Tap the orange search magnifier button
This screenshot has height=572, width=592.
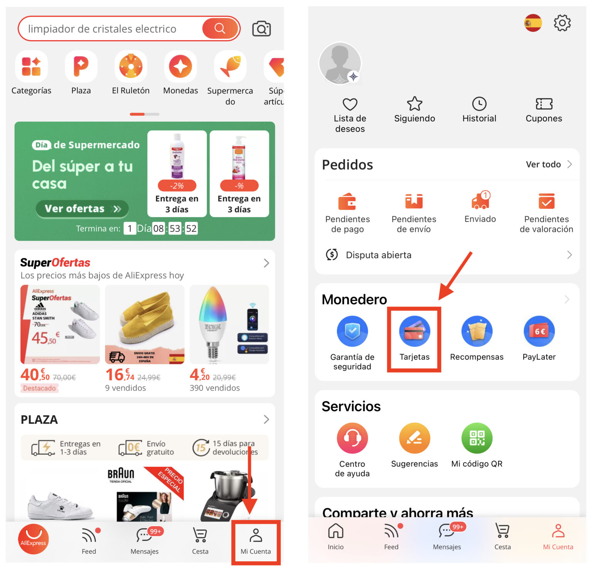click(220, 28)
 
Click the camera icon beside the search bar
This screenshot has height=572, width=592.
click(261, 29)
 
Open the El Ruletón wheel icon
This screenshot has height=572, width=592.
click(131, 66)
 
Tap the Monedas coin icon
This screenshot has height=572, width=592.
click(180, 66)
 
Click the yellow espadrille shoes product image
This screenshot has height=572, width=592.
click(145, 324)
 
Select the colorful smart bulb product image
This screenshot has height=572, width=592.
click(229, 324)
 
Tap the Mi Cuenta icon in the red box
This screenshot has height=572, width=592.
click(256, 536)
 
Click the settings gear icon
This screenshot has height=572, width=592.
click(562, 23)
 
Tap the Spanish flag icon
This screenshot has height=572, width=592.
click(533, 23)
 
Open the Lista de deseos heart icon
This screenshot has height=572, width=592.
click(350, 104)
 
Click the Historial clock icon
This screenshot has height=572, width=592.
click(479, 104)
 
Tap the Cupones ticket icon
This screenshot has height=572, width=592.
click(544, 104)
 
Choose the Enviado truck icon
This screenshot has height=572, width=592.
click(480, 201)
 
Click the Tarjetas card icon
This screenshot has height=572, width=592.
click(414, 331)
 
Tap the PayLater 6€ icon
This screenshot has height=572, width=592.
click(539, 331)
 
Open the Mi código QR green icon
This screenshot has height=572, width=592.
click(477, 438)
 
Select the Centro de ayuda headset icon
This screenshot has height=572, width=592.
click(352, 438)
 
